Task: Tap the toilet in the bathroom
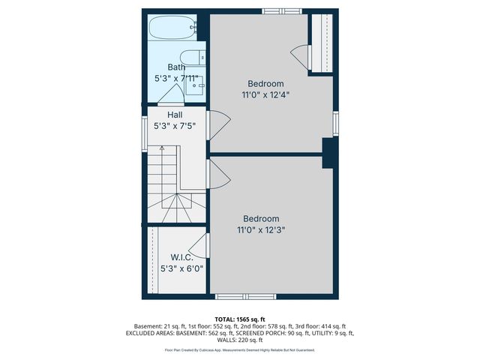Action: click(193, 58)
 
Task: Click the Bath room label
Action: click(176, 67)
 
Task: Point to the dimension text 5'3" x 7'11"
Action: click(176, 78)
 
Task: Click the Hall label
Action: click(175, 115)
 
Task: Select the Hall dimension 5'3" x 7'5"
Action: click(175, 126)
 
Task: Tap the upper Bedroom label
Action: click(265, 83)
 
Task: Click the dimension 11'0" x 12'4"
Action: click(265, 95)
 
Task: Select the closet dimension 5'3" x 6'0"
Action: click(181, 268)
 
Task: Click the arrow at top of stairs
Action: click(161, 148)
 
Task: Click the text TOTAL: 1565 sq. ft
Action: click(239, 319)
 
